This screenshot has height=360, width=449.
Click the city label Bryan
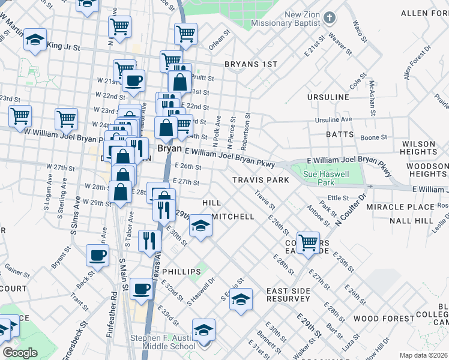pyautogui.click(x=169, y=148)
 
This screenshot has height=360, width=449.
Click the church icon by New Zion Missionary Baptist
pyautogui.click(x=328, y=17)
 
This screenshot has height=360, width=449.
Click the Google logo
pyautogui.click(x=20, y=353)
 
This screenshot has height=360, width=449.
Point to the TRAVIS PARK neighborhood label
pyautogui.click(x=261, y=180)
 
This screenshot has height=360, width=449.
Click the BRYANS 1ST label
pyautogui.click(x=251, y=64)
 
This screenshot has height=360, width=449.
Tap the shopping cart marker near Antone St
pyautogui.click(x=308, y=242)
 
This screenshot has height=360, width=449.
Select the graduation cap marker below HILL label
pyautogui.click(x=201, y=226)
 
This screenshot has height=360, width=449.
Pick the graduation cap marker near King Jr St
pyautogui.click(x=35, y=40)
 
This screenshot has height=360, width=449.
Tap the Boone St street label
pyautogui.click(x=373, y=138)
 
